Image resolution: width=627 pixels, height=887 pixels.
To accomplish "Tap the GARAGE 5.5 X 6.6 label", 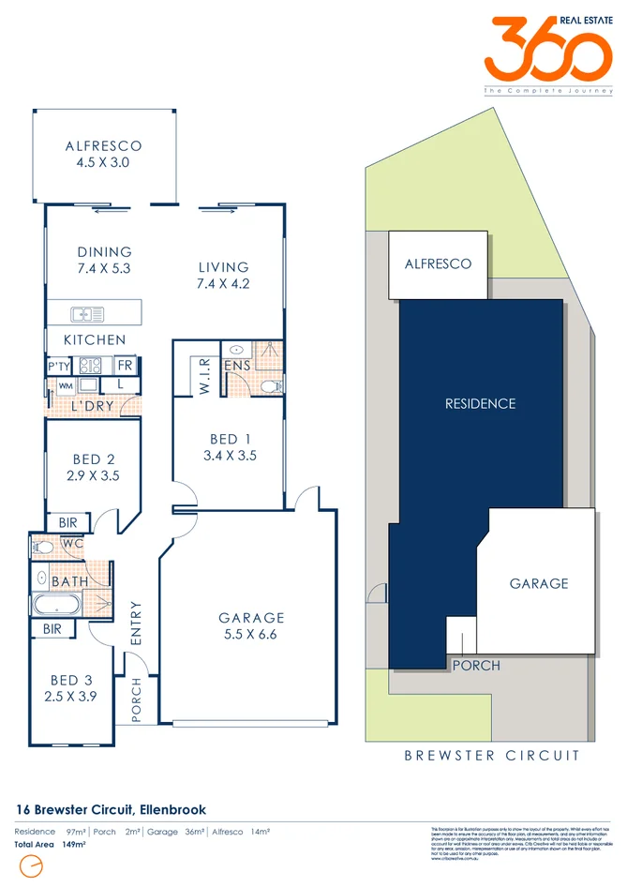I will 251,625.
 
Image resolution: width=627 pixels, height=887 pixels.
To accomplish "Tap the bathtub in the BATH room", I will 58,604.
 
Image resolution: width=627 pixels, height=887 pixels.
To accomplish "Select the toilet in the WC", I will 42,546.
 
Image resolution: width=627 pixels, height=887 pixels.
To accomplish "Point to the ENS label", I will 236,364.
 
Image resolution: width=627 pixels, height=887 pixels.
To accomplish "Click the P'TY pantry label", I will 59,365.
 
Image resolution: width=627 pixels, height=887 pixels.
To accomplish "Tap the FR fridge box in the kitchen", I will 125,365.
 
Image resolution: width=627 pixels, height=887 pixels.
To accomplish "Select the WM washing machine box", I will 66,385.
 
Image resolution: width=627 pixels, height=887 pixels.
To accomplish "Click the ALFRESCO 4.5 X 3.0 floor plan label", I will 103,154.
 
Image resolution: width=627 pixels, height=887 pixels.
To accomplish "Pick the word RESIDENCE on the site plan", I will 480,404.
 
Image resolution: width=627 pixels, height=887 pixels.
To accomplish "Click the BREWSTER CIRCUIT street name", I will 491,755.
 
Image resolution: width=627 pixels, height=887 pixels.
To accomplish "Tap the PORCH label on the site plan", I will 476,666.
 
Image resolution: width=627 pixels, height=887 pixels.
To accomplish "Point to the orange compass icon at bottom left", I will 32,866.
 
